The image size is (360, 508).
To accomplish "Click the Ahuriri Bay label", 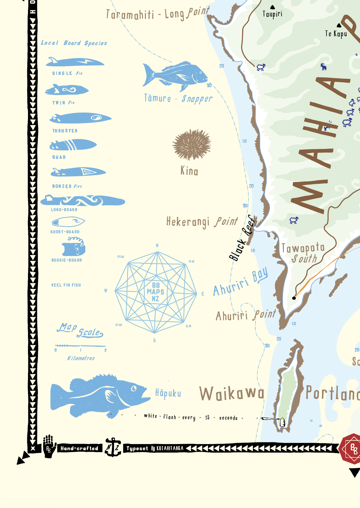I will click(240, 282).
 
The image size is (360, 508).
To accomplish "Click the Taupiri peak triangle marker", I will click(273, 7).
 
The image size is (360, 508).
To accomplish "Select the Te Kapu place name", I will click(336, 34).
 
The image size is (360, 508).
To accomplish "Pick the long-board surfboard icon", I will click(83, 200).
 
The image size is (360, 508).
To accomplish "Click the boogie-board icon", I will click(73, 247).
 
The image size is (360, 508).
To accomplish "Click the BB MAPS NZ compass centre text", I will click(155, 292).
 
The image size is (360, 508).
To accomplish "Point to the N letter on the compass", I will click(157, 245).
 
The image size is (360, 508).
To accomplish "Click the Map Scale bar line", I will click(80, 346).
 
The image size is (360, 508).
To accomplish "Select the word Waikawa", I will click(232, 394).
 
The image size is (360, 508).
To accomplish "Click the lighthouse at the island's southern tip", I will click(282, 422).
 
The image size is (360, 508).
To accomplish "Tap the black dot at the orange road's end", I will click(294, 298).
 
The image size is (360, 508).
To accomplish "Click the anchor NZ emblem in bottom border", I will click(113, 447).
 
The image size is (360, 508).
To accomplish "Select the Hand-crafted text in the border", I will click(79, 449).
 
